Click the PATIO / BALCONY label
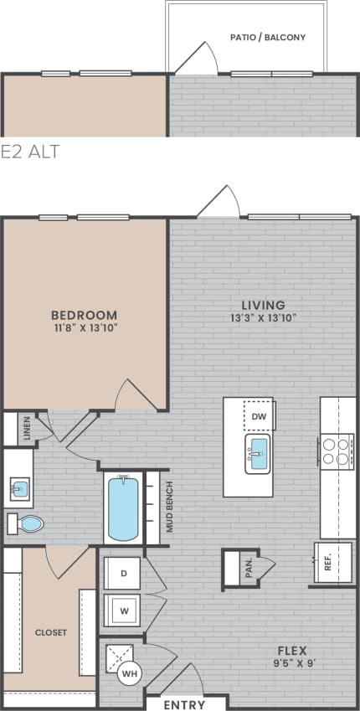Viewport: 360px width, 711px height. pos(267,38)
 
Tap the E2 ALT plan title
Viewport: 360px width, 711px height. pos(30,152)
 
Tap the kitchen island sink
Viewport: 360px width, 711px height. pos(258,453)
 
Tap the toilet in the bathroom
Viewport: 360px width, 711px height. pos(27,525)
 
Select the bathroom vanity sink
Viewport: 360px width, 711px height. pos(18,488)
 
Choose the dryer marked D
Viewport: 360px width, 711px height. pos(123,574)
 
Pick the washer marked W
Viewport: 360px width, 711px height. pos(123,611)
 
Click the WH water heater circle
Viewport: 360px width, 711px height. pos(128,673)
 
